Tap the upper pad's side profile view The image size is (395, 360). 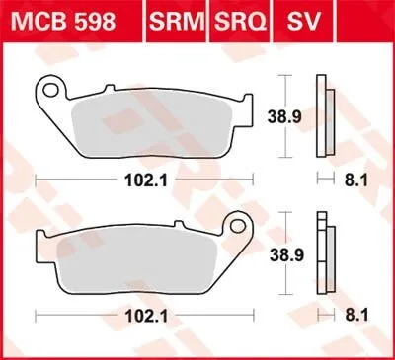point(321,115)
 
